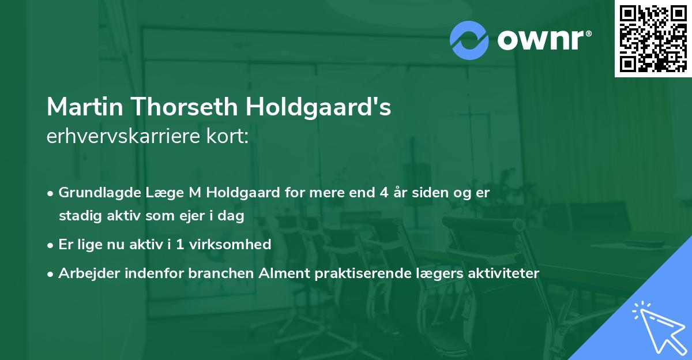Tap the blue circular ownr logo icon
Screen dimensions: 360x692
click(x=469, y=40)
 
